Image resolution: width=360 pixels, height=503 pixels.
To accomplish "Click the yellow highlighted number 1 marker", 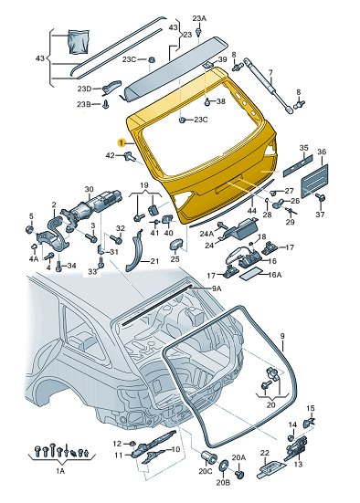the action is pos(122,142).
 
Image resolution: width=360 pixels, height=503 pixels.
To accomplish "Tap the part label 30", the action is pos(89,190).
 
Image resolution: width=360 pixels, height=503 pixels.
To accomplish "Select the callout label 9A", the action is pos(217,288).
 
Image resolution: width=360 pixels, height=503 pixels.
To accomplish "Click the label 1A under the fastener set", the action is pos(60,471).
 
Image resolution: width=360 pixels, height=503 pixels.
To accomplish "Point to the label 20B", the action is pos(223,483).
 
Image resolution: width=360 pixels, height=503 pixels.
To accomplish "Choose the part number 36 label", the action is pos(322,152).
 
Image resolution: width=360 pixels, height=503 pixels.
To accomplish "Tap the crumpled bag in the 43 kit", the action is pos(79,41).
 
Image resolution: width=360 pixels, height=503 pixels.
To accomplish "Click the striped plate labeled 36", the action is pos(314,181).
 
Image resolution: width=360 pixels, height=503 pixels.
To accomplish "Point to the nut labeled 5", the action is pos(29,229).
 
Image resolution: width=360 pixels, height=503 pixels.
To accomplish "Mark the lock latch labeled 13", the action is pos(295,448).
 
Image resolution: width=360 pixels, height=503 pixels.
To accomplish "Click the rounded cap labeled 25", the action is pos(176,244).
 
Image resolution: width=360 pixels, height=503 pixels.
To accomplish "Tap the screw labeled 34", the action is pos(58,266).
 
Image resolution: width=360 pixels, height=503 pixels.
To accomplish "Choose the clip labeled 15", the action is pos(309,423).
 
